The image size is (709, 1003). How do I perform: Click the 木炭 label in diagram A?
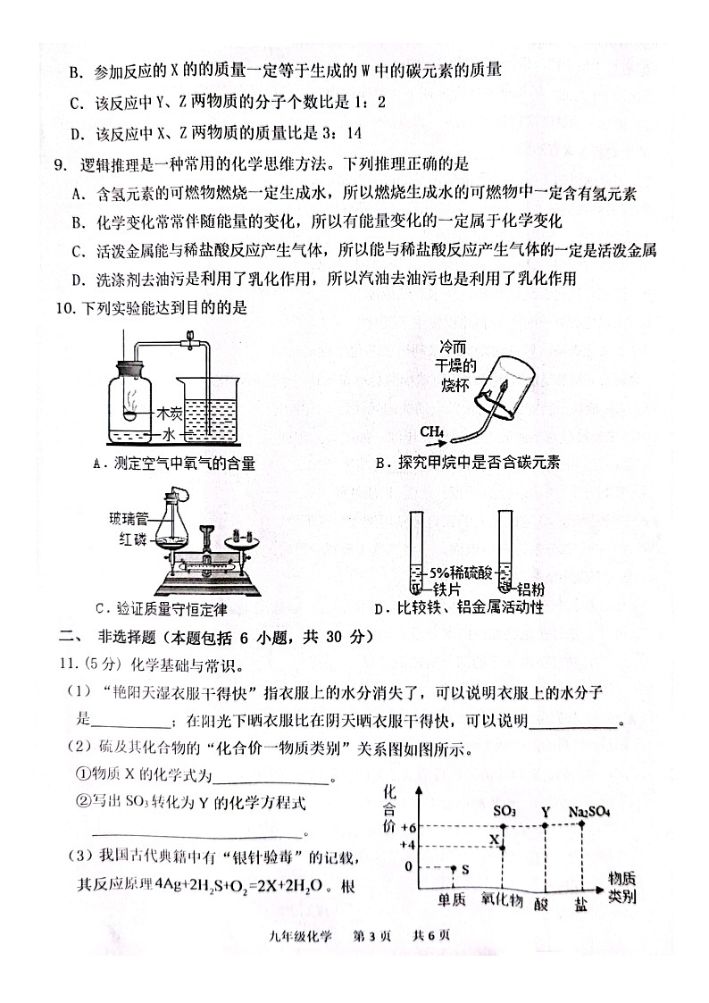169,414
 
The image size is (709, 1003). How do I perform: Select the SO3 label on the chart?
505,812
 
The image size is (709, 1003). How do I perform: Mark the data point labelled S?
454,867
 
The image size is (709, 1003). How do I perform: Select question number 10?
65,309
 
